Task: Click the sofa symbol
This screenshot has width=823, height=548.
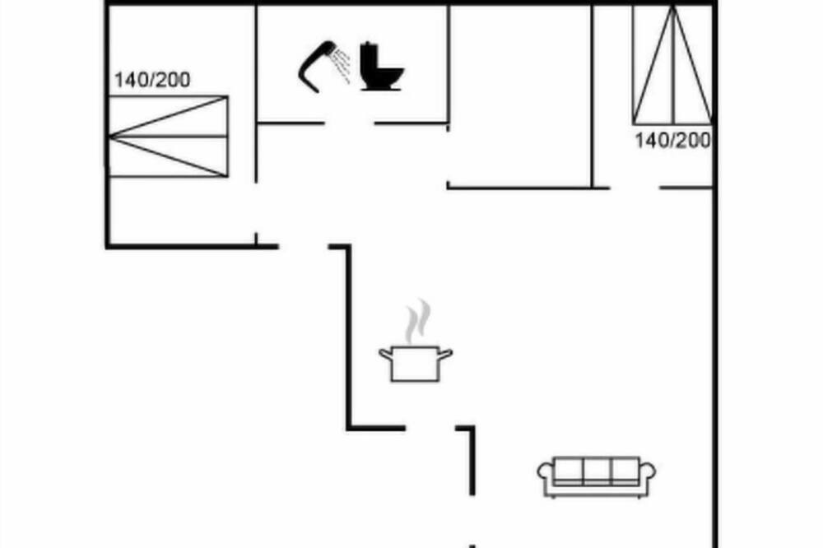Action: (x=596, y=476)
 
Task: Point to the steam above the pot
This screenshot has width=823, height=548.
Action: (x=418, y=321)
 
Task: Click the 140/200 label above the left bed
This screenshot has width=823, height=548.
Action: (x=152, y=81)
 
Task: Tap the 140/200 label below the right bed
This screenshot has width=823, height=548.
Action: (x=673, y=141)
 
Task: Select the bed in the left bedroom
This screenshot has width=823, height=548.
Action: (x=169, y=136)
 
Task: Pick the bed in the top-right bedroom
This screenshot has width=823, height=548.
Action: (x=672, y=65)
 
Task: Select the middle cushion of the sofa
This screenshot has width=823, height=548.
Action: (x=597, y=470)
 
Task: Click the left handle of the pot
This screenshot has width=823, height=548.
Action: (x=386, y=355)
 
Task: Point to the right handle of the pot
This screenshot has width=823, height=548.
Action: (x=445, y=355)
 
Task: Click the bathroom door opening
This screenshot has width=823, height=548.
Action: (x=349, y=124)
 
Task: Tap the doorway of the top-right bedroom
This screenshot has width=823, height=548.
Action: (x=635, y=188)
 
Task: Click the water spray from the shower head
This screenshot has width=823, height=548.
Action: (x=342, y=66)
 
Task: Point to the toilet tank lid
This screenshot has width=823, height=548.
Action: (x=370, y=44)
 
